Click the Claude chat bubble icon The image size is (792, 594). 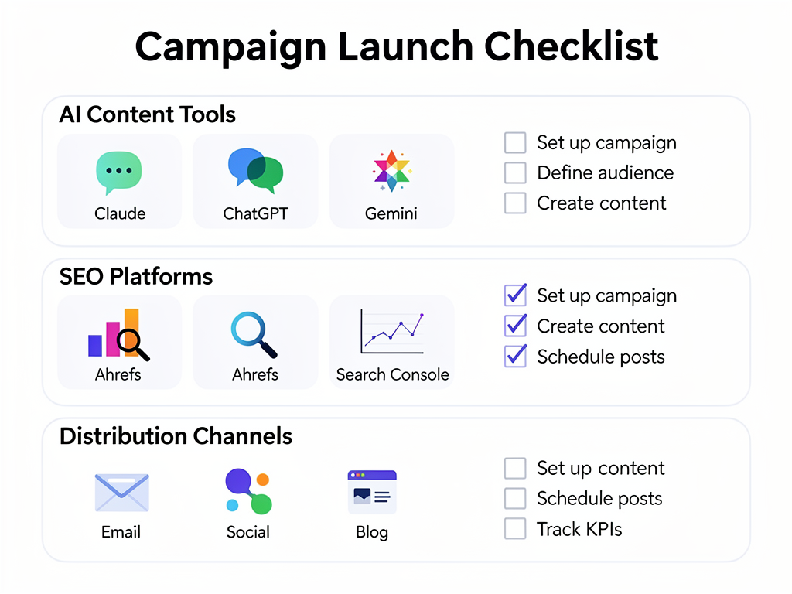pyautogui.click(x=119, y=172)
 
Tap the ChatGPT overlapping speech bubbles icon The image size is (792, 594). pyautogui.click(x=255, y=171)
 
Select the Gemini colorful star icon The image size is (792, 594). pyautogui.click(x=391, y=171)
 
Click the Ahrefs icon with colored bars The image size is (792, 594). pyautogui.click(x=118, y=334)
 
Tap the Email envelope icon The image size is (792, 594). pyautogui.click(x=121, y=493)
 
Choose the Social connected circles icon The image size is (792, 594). pyautogui.click(x=248, y=492)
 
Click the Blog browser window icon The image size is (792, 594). pyautogui.click(x=372, y=492)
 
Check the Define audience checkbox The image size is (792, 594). pyautogui.click(x=515, y=172)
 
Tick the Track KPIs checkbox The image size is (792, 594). pyautogui.click(x=515, y=529)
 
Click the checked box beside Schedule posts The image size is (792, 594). pyautogui.click(x=515, y=357)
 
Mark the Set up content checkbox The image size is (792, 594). pyautogui.click(x=515, y=468)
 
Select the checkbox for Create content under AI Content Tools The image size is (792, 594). pyautogui.click(x=515, y=203)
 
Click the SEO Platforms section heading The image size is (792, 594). pyautogui.click(x=136, y=276)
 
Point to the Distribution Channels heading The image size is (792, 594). pyautogui.click(x=176, y=436)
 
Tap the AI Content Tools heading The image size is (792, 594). pyautogui.click(x=147, y=114)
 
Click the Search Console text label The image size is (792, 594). pyautogui.click(x=392, y=375)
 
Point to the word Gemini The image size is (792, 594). pyautogui.click(x=391, y=213)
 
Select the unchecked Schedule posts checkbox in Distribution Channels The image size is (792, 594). pyautogui.click(x=515, y=498)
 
